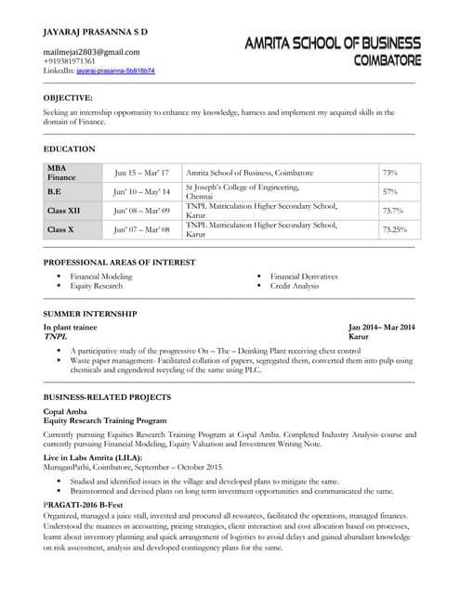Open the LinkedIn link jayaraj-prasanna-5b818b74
[115, 71]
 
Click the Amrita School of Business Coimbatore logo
[333, 51]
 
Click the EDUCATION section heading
[70, 148]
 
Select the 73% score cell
[390, 173]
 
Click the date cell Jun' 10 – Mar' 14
[142, 192]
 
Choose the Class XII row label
[64, 211]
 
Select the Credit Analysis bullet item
[295, 286]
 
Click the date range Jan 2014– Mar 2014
[381, 328]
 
